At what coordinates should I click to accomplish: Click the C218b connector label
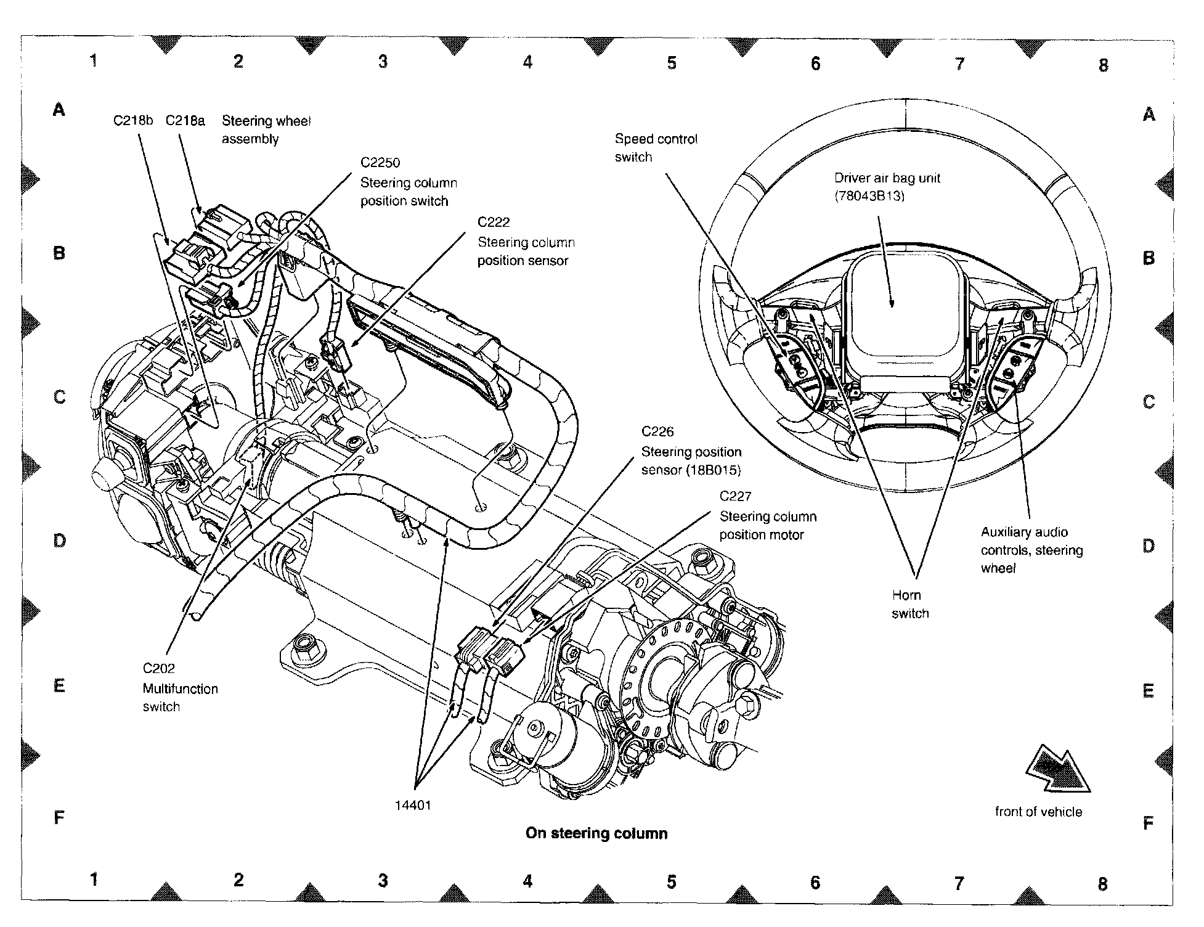point(132,120)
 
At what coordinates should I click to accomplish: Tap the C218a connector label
point(185,120)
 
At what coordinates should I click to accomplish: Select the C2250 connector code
point(380,163)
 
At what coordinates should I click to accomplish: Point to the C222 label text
point(494,222)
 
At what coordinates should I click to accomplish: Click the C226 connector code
point(657,431)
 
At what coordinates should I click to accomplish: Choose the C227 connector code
point(736,496)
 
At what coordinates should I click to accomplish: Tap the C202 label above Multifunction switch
point(159,668)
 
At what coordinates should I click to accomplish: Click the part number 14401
point(413,805)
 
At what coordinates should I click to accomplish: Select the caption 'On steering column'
point(596,833)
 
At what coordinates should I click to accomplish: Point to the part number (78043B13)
point(869,197)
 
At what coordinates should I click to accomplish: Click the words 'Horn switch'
point(910,604)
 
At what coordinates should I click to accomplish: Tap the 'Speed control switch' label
point(656,148)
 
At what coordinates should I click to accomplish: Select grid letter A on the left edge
point(59,110)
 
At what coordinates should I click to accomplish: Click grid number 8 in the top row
point(1103,65)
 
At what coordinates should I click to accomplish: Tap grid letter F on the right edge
point(1148,823)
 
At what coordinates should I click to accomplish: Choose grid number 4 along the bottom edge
point(527,881)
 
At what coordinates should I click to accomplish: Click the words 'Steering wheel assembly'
point(266,130)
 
